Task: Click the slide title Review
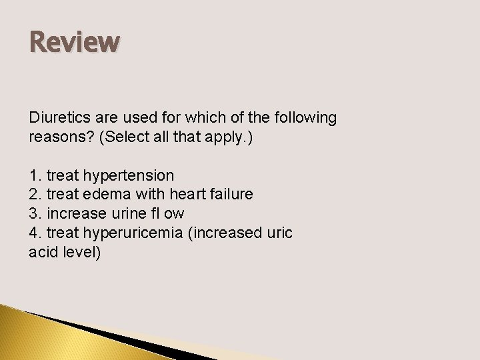(x=75, y=43)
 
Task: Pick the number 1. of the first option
(x=35, y=175)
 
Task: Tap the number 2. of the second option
(x=35, y=195)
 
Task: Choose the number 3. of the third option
(x=35, y=214)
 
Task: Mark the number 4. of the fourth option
(x=35, y=233)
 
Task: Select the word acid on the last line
(x=43, y=253)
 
